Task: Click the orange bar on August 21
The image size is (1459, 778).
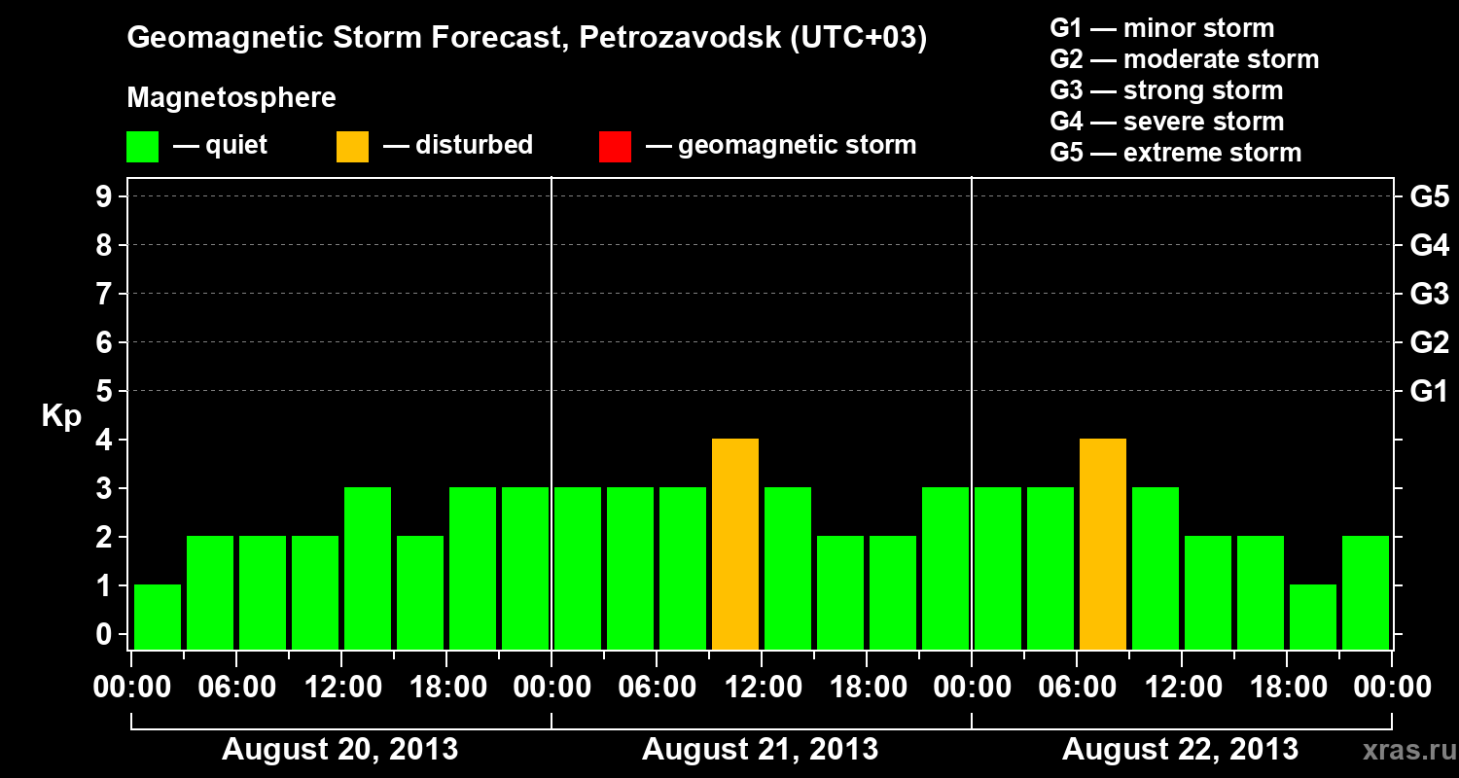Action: [735, 544]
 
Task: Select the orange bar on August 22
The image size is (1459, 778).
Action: [1103, 544]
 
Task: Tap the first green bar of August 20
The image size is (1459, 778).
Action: [158, 617]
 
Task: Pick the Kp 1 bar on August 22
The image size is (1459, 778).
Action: [1313, 617]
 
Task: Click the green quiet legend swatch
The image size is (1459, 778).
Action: [142, 146]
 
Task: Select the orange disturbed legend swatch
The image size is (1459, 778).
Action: [352, 146]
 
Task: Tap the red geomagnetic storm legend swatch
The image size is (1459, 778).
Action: [615, 146]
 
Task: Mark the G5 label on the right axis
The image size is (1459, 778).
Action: [1429, 197]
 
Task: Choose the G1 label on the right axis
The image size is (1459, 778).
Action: [1429, 392]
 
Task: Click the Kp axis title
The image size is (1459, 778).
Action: [61, 417]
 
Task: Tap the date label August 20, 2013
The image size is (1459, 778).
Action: [340, 750]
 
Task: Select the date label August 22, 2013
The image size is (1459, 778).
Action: [1180, 750]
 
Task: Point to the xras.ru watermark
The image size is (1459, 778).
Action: [1402, 750]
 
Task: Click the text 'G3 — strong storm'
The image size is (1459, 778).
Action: [1166, 90]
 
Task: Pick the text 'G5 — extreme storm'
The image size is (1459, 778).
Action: [1175, 153]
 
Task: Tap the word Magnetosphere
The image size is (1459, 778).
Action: [231, 98]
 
